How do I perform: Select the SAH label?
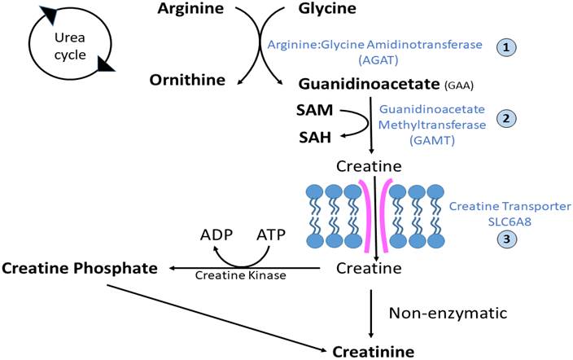click(313, 138)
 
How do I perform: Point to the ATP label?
click(269, 234)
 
